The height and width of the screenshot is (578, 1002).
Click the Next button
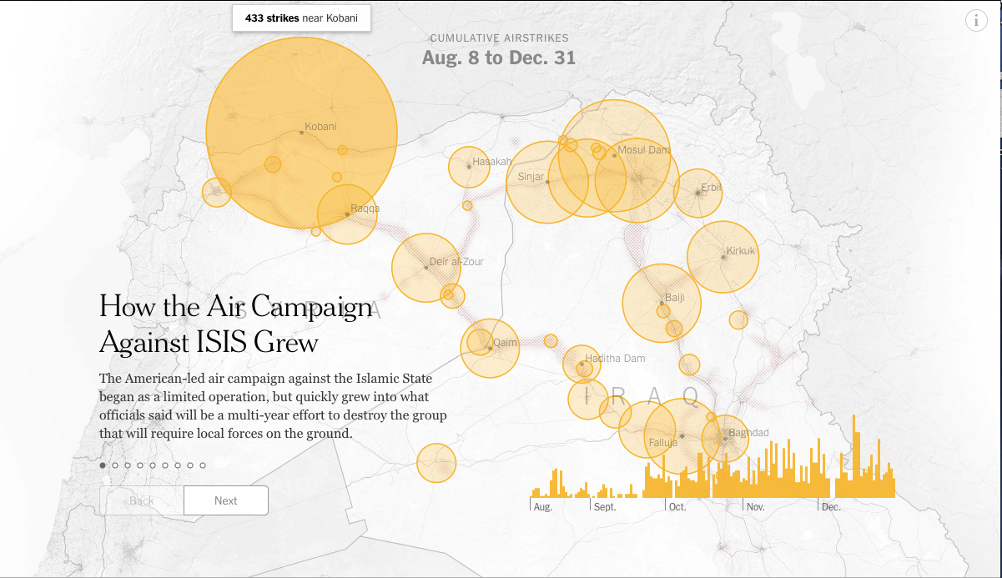click(x=225, y=500)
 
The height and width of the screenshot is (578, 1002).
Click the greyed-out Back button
click(x=141, y=500)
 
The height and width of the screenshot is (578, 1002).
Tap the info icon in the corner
click(x=976, y=21)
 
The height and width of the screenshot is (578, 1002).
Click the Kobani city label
click(x=320, y=127)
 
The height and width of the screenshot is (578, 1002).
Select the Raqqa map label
click(x=365, y=209)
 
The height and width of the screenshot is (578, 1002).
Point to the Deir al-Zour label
click(x=456, y=262)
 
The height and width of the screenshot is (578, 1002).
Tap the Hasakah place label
click(x=491, y=162)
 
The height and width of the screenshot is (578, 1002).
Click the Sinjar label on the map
click(x=531, y=177)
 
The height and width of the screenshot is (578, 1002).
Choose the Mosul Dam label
click(x=643, y=150)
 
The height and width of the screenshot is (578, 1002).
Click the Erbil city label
click(x=711, y=187)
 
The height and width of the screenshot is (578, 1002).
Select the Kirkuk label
click(x=740, y=251)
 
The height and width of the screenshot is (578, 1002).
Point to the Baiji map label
click(x=674, y=298)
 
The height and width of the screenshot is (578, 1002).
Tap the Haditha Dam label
click(x=615, y=359)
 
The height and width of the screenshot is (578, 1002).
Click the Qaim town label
click(x=506, y=343)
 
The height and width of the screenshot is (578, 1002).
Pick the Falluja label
click(x=662, y=443)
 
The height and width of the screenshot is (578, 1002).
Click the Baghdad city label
click(x=748, y=433)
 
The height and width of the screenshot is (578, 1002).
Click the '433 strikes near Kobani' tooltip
click(x=301, y=18)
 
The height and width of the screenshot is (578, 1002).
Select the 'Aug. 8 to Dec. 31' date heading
click(x=498, y=58)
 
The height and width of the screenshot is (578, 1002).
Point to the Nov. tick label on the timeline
click(x=755, y=507)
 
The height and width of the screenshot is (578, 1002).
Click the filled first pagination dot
click(x=103, y=465)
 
